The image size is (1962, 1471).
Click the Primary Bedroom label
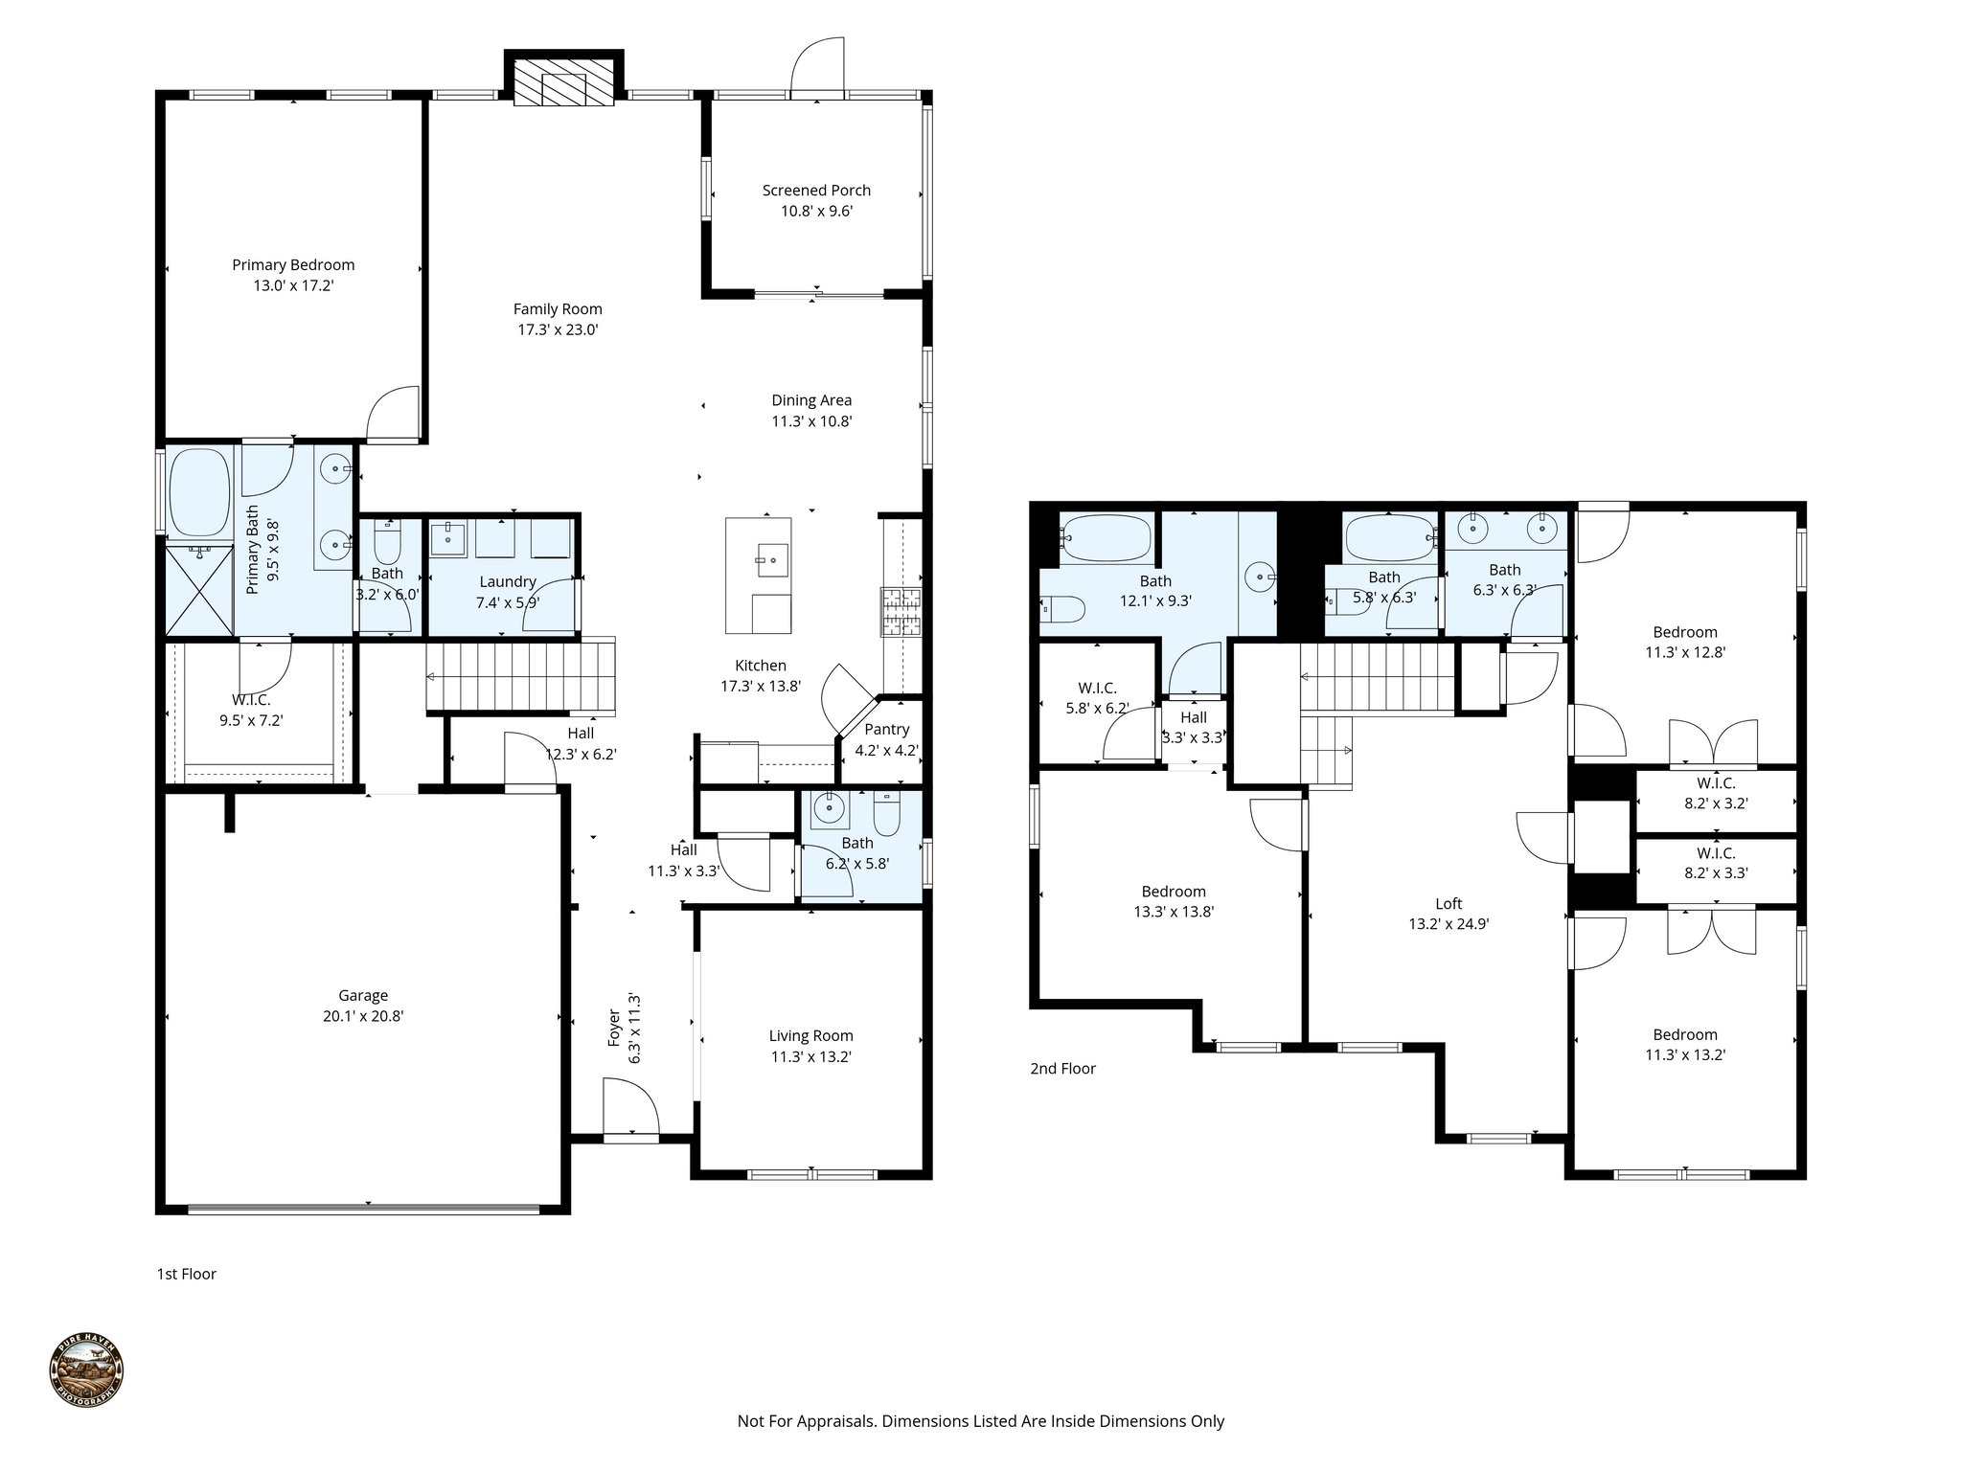point(293,265)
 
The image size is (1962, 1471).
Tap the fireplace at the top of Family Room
point(563,82)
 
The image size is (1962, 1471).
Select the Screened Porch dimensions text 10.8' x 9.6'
point(816,212)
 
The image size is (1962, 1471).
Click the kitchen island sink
point(771,557)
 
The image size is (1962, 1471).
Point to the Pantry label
point(886,730)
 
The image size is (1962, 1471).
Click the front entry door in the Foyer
point(630,1111)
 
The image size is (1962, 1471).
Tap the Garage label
point(363,996)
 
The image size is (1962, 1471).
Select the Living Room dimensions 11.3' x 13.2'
point(810,1057)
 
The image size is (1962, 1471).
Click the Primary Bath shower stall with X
point(199,589)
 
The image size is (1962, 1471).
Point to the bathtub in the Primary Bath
point(199,492)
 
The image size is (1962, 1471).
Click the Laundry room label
point(507,581)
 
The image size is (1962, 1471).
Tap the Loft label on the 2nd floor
point(1449,903)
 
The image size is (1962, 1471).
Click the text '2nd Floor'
point(1062,1069)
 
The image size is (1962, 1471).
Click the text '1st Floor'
point(186,1274)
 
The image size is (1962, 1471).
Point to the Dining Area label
point(811,400)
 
